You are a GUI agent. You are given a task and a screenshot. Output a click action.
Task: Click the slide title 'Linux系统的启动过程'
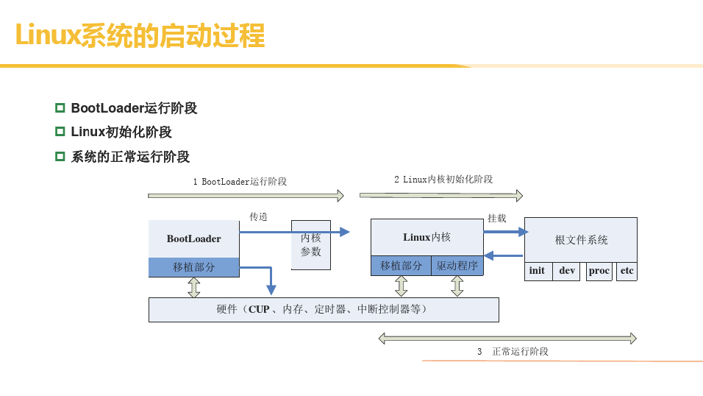pyautogui.click(x=140, y=35)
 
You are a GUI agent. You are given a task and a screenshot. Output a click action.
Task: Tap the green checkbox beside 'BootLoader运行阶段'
pyautogui.click(x=60, y=107)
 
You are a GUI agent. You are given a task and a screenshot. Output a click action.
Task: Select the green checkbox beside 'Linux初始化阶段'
pyautogui.click(x=60, y=132)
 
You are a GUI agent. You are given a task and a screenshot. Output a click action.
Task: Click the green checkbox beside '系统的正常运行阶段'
pyautogui.click(x=60, y=156)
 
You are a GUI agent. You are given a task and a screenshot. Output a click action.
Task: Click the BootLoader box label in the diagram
pyautogui.click(x=193, y=239)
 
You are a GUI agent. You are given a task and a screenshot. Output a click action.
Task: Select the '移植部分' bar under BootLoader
pyautogui.click(x=193, y=267)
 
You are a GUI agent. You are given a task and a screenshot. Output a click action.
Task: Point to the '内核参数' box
pyautogui.click(x=311, y=244)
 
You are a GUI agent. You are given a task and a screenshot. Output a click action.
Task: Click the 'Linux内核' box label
pyautogui.click(x=427, y=237)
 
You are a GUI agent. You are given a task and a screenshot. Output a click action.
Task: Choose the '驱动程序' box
pyautogui.click(x=457, y=265)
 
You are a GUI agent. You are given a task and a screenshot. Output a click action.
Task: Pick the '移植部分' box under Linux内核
pyautogui.click(x=401, y=265)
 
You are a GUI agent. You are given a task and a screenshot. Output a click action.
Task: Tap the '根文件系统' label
pyautogui.click(x=581, y=240)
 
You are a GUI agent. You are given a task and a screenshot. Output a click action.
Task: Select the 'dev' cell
pyautogui.click(x=567, y=271)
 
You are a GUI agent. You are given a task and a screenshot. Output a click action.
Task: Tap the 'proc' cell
pyautogui.click(x=599, y=271)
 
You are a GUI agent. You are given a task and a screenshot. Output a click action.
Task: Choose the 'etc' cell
pyautogui.click(x=627, y=271)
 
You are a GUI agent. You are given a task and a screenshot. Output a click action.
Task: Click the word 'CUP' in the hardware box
pyautogui.click(x=259, y=309)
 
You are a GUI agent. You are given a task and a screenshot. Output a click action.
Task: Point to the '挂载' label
pyautogui.click(x=497, y=218)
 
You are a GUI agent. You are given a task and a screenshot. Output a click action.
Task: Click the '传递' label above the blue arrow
pyautogui.click(x=258, y=217)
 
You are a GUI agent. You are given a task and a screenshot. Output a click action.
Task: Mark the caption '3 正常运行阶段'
pyautogui.click(x=513, y=352)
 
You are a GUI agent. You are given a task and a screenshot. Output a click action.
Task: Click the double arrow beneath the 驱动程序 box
pyautogui.click(x=457, y=286)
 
